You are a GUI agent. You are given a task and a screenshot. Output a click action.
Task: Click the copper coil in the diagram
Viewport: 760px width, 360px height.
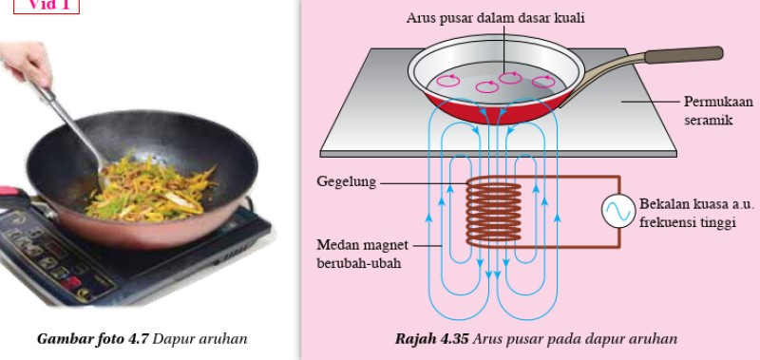493,212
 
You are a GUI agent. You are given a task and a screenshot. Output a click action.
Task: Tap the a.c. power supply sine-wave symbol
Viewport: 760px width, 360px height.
618,211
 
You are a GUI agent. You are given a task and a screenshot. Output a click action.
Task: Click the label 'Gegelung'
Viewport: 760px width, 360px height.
346,182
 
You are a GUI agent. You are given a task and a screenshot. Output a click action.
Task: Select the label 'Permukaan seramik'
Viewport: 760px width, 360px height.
718,110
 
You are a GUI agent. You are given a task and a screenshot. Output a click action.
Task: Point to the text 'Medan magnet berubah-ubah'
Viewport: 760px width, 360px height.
362,255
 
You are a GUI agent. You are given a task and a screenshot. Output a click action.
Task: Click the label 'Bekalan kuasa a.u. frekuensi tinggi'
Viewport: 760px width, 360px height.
697,213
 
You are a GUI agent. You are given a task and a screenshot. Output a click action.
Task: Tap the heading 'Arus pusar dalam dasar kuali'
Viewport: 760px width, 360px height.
495,18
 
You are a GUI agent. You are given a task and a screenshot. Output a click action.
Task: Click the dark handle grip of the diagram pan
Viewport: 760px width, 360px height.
683,54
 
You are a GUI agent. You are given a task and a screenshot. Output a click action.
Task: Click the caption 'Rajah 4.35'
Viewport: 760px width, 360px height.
432,339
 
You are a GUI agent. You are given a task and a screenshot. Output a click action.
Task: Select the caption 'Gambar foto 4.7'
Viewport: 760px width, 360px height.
92,339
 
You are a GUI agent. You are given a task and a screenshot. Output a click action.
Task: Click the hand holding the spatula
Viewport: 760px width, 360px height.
26,63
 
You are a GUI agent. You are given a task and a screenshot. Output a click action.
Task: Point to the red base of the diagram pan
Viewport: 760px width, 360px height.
494,109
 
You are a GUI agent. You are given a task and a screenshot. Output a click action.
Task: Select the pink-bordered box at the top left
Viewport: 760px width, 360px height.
46,6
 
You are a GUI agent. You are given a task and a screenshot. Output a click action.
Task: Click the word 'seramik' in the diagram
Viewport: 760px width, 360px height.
709,120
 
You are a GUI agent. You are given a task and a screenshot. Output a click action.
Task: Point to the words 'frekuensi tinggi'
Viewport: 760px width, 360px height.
688,222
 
